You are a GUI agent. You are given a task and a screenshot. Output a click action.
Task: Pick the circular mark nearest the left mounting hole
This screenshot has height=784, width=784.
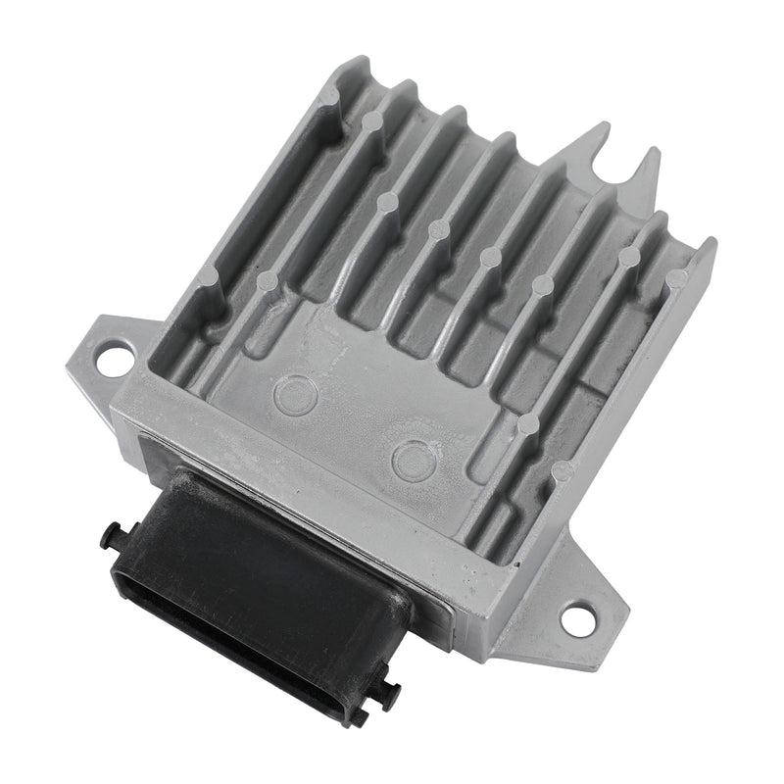click(291, 394)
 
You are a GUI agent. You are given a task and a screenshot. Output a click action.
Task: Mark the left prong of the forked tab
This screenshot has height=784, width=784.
click(596, 137)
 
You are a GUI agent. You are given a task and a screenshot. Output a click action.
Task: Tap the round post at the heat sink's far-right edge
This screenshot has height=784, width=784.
click(676, 278)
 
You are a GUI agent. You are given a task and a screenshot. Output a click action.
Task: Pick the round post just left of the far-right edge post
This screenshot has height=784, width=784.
click(628, 257)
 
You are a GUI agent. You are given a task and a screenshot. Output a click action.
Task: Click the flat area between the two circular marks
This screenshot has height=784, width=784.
click(350, 426)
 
